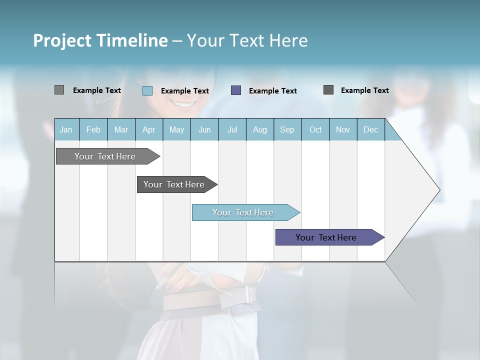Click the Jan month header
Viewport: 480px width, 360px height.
tap(66, 129)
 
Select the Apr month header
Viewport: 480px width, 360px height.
tap(149, 129)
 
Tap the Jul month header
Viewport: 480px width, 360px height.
tap(232, 129)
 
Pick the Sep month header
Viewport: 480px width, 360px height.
tap(287, 129)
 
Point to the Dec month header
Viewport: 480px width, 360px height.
tap(370, 129)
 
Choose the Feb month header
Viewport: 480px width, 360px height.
tap(93, 129)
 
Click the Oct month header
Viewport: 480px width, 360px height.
tap(315, 129)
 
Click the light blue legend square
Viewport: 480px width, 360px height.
tap(147, 90)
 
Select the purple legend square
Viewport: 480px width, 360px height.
tap(236, 90)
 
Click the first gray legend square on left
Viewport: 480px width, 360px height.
tap(59, 90)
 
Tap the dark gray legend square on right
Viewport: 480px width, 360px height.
tap(328, 90)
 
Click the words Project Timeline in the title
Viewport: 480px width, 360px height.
tap(100, 40)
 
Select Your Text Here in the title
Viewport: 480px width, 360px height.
tap(247, 40)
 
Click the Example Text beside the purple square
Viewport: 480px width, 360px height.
tap(272, 91)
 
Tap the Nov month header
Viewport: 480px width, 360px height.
tap(343, 129)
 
